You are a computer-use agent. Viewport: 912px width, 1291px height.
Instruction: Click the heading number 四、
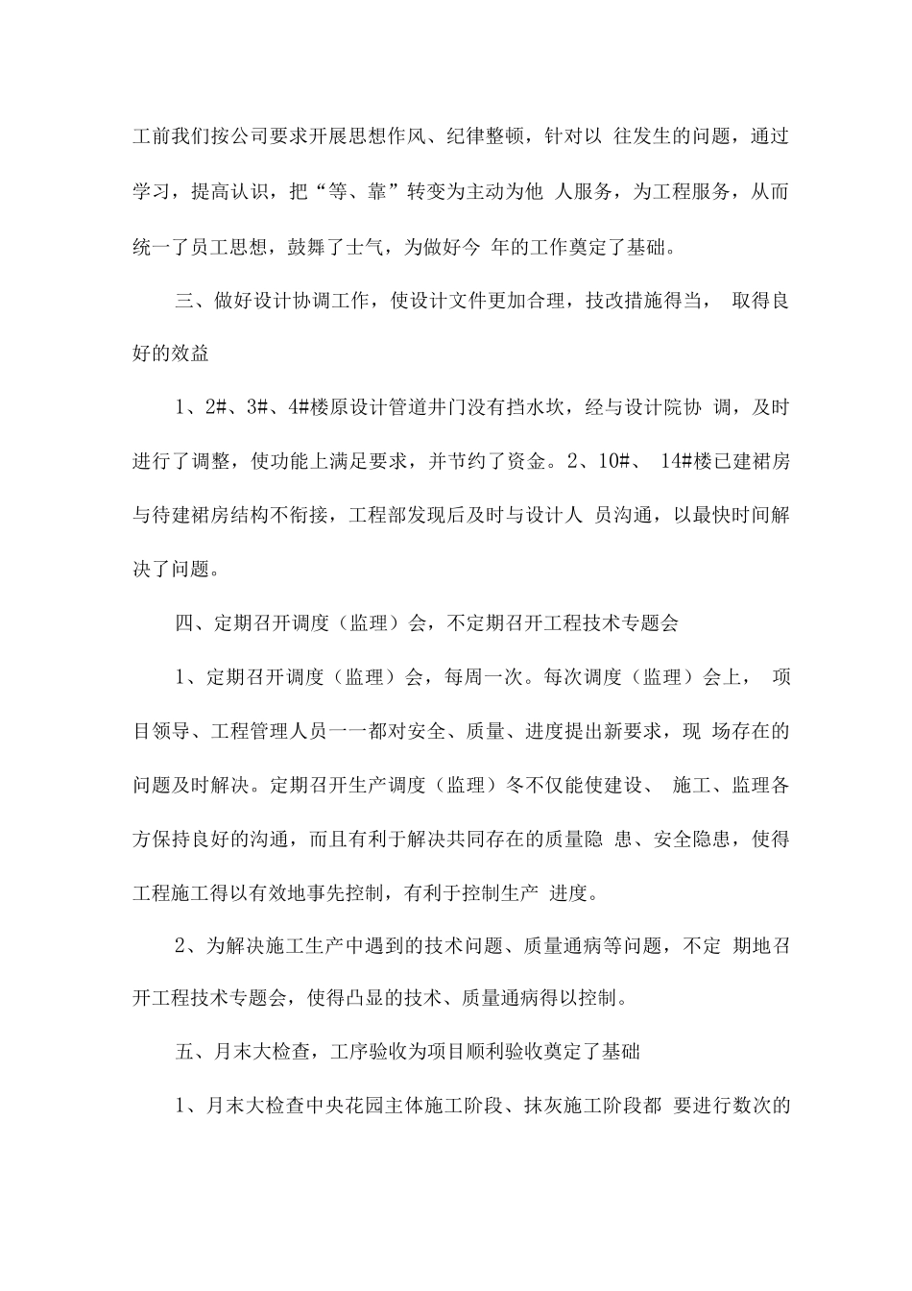click(x=187, y=622)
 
